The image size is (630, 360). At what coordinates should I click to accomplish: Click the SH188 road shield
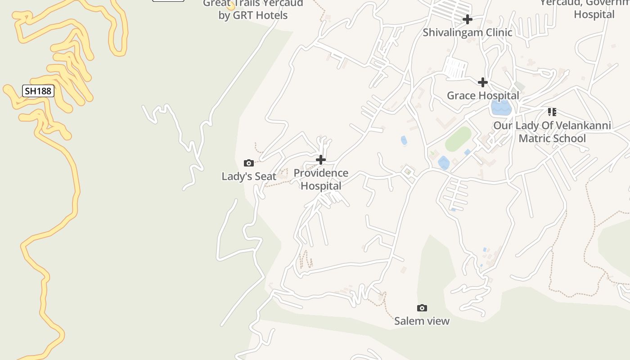[x=38, y=91]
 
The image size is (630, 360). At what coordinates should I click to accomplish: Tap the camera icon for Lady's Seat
[x=248, y=163]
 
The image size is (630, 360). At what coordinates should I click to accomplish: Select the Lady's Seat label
[x=249, y=176]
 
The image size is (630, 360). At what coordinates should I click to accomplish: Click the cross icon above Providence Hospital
[x=321, y=160]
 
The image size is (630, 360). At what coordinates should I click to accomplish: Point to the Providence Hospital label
[x=321, y=179]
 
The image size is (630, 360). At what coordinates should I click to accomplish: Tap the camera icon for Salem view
[x=422, y=308]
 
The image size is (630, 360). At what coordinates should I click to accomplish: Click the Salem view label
[x=422, y=321]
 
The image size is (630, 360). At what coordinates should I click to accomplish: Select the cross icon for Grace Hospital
[x=483, y=82]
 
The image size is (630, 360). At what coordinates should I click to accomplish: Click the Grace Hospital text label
[x=483, y=95]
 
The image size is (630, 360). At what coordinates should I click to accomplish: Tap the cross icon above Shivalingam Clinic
[x=468, y=19]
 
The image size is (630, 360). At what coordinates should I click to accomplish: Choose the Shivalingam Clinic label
[x=468, y=32]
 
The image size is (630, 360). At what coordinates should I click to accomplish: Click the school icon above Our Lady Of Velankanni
[x=552, y=112]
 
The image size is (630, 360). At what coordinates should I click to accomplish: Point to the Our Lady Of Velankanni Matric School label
[x=552, y=131]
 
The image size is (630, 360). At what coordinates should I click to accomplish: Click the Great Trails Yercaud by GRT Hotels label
[x=253, y=9]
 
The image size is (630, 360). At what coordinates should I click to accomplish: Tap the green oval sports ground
[x=458, y=139]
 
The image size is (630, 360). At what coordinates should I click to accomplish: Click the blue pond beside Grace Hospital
[x=501, y=108]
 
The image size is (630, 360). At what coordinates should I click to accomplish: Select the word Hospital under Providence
[x=321, y=186]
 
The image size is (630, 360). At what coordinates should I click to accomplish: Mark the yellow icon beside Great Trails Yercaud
[x=231, y=6]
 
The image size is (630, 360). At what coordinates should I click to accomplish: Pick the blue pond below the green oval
[x=444, y=163]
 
